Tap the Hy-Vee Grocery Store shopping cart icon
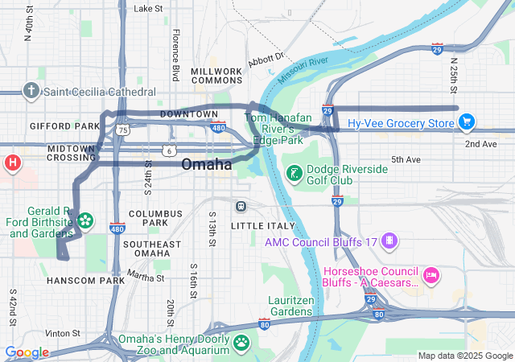pos(466,122)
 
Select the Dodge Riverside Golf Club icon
pos(295,173)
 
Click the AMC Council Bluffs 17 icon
pos(389,241)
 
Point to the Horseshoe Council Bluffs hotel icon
pos(431,276)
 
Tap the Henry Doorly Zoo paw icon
pos(241,342)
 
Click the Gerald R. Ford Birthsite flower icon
pos(84,220)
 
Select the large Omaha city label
pos(207,165)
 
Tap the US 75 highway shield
pos(122,129)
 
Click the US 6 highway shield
pos(167,150)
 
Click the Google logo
pos(27,352)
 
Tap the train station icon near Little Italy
pos(241,206)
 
